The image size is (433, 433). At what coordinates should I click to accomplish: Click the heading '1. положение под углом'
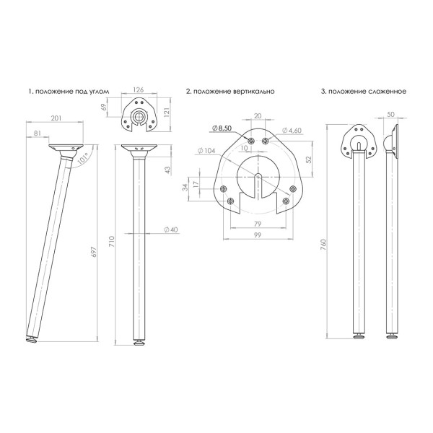tap(69, 92)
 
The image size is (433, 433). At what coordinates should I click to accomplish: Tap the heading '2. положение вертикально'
tap(230, 92)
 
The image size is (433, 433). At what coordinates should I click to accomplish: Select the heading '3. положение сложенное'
tap(364, 92)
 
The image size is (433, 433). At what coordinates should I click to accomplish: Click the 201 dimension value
tap(56, 118)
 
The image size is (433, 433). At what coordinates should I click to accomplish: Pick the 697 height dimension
tap(94, 252)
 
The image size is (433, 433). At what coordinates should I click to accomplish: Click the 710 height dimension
tap(112, 242)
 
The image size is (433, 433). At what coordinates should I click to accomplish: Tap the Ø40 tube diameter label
tap(171, 229)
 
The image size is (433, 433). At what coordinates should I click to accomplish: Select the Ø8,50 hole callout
tap(222, 128)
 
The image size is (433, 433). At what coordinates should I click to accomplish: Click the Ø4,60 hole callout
tap(292, 131)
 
